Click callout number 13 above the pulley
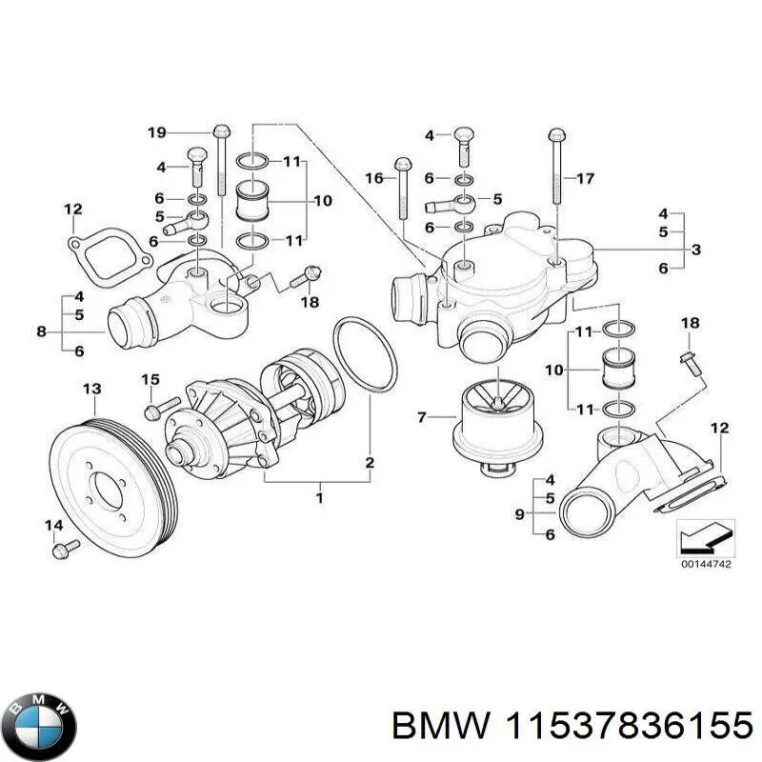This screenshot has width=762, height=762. pyautogui.click(x=91, y=389)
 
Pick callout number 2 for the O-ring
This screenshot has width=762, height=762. pyautogui.click(x=370, y=464)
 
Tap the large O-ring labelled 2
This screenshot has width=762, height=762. pyautogui.click(x=365, y=356)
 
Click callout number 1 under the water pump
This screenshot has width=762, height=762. pyautogui.click(x=319, y=497)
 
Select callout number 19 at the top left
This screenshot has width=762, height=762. pyautogui.click(x=157, y=131)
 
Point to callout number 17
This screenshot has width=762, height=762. pyautogui.click(x=585, y=178)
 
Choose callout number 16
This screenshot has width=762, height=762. pyautogui.click(x=373, y=178)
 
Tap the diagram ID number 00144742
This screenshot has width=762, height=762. pyautogui.click(x=706, y=564)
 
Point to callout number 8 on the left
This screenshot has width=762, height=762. pyautogui.click(x=41, y=331)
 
